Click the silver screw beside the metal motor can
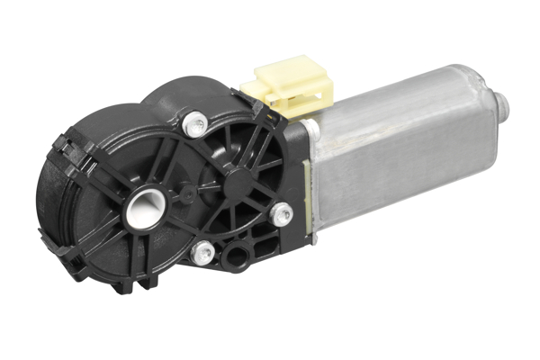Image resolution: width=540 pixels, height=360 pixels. coord(282,214)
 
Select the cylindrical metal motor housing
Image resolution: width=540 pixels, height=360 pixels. coord(396,153)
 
